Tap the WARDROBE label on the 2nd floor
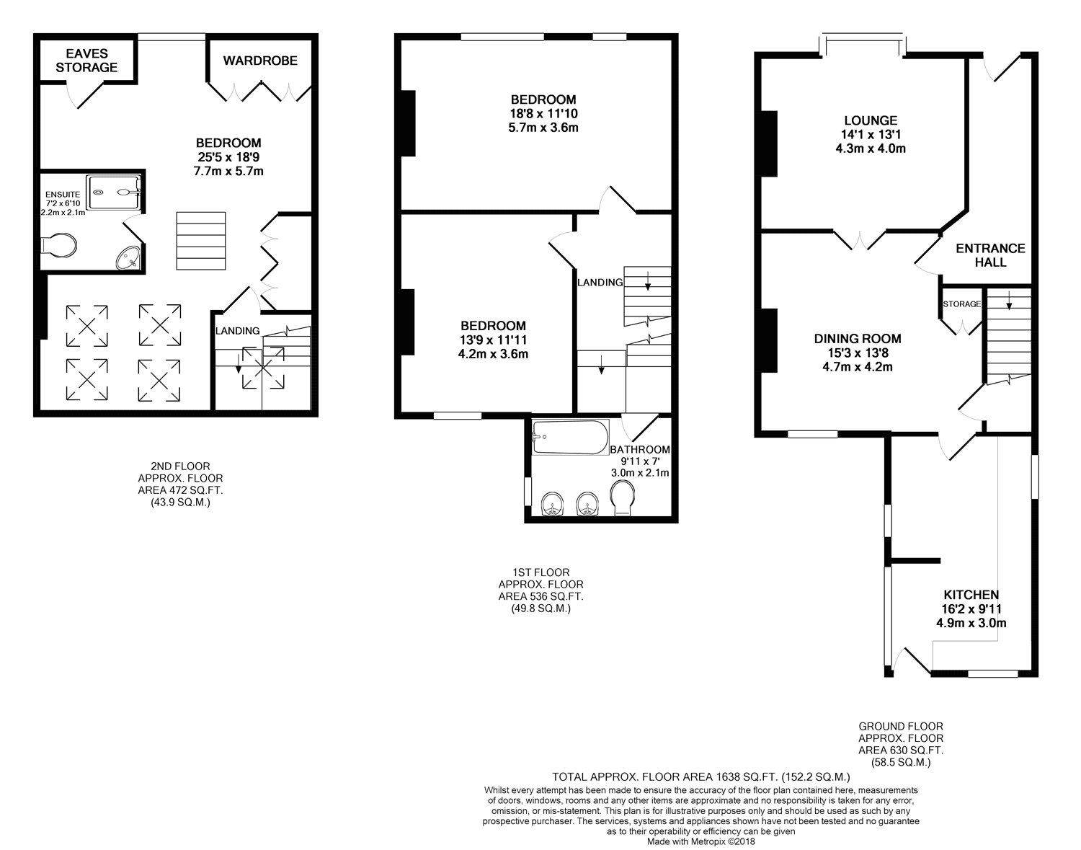click(259, 61)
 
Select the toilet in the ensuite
click(58, 246)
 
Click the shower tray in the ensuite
click(115, 192)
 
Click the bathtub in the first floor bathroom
click(569, 437)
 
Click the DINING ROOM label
click(858, 338)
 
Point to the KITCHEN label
click(971, 595)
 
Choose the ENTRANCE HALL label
click(990, 255)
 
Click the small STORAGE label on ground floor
click(962, 304)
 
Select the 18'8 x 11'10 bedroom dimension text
click(543, 114)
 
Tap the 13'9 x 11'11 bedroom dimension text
click(494, 340)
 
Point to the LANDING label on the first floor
click(600, 283)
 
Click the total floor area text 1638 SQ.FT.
click(701, 777)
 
